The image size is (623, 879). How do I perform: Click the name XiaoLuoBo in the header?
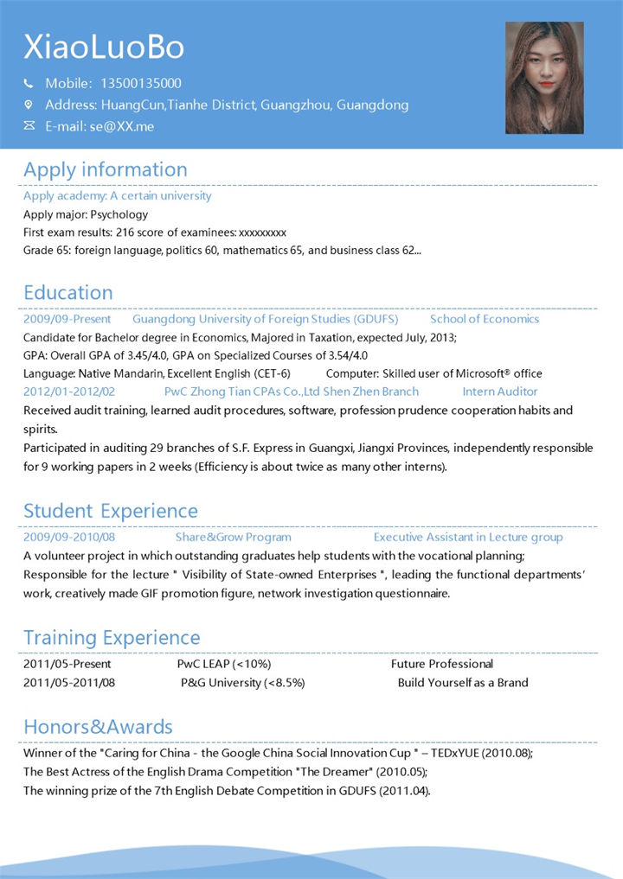[104, 47]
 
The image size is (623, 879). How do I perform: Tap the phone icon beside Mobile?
[29, 84]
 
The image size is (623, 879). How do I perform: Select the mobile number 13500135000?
[141, 84]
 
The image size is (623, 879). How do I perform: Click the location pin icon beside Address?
[29, 105]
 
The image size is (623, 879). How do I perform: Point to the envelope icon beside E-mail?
[29, 126]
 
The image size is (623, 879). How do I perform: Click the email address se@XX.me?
[121, 126]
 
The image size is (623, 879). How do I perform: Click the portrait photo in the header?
[544, 78]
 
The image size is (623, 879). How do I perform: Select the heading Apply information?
[105, 169]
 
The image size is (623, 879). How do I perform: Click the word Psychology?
[119, 214]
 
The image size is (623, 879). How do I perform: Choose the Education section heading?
[68, 292]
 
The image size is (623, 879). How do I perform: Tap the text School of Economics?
[484, 319]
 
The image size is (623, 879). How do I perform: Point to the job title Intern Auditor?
[500, 392]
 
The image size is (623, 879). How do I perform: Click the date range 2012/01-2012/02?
[69, 392]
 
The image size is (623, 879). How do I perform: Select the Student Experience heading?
[111, 511]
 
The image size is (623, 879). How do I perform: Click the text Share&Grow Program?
[233, 537]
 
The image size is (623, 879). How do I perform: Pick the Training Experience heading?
[112, 638]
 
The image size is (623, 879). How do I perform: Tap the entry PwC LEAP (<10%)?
[224, 664]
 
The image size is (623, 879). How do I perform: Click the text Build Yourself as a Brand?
[463, 682]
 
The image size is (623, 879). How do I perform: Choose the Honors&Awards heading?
[98, 727]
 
